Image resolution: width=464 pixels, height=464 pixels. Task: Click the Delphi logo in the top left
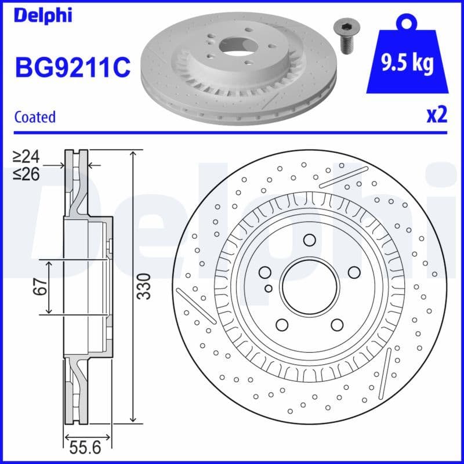click(x=43, y=15)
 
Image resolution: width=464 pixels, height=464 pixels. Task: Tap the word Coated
click(x=35, y=117)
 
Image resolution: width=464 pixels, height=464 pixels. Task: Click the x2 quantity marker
click(x=436, y=115)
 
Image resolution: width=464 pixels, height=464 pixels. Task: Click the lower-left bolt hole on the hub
click(x=282, y=325)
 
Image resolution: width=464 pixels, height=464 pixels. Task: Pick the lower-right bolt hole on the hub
click(x=336, y=325)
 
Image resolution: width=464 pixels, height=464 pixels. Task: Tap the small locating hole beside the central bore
click(x=268, y=288)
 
